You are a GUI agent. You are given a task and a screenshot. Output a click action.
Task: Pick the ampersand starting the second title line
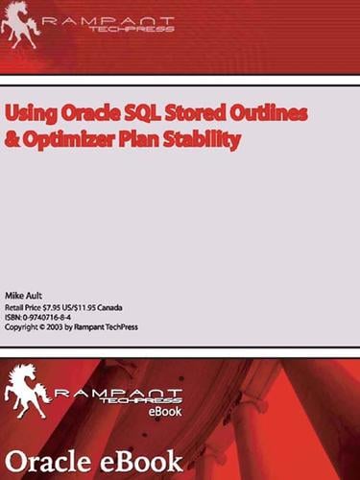[12, 138]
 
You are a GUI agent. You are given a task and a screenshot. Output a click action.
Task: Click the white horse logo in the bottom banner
[29, 394]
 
